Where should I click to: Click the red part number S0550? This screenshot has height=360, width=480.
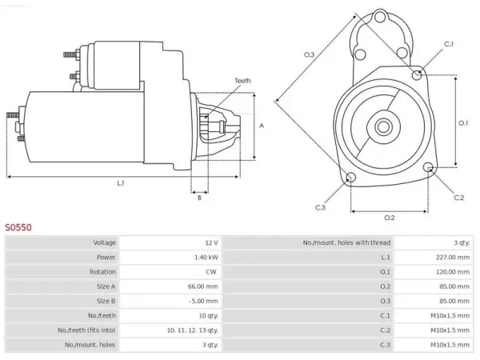point(18,227)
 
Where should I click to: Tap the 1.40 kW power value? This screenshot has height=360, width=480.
point(206,257)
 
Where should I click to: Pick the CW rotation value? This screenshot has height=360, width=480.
point(211,272)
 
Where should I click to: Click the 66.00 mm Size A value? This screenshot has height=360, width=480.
point(202,286)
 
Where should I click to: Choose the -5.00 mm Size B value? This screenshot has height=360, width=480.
point(203,301)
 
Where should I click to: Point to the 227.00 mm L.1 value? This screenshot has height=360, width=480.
point(453,257)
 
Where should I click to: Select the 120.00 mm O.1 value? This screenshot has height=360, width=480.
point(453,272)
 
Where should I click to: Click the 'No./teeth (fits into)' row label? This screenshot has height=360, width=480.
point(86,330)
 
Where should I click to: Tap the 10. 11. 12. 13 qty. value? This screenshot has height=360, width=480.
point(193,330)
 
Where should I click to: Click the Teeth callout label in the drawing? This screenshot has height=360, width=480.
point(242,81)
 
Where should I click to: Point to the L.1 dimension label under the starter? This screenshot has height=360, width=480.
point(121,183)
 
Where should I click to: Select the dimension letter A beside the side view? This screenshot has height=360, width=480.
point(262,126)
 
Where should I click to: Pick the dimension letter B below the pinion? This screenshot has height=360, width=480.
point(199,198)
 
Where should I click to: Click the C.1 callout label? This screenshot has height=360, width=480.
point(449,44)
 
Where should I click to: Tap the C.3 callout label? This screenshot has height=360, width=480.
point(320,207)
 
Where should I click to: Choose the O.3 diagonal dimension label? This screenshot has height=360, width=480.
point(309,54)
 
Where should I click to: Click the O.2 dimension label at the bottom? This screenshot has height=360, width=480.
point(390,218)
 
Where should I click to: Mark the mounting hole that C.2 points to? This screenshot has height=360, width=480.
point(428,167)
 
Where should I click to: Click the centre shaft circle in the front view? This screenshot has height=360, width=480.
point(383,126)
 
